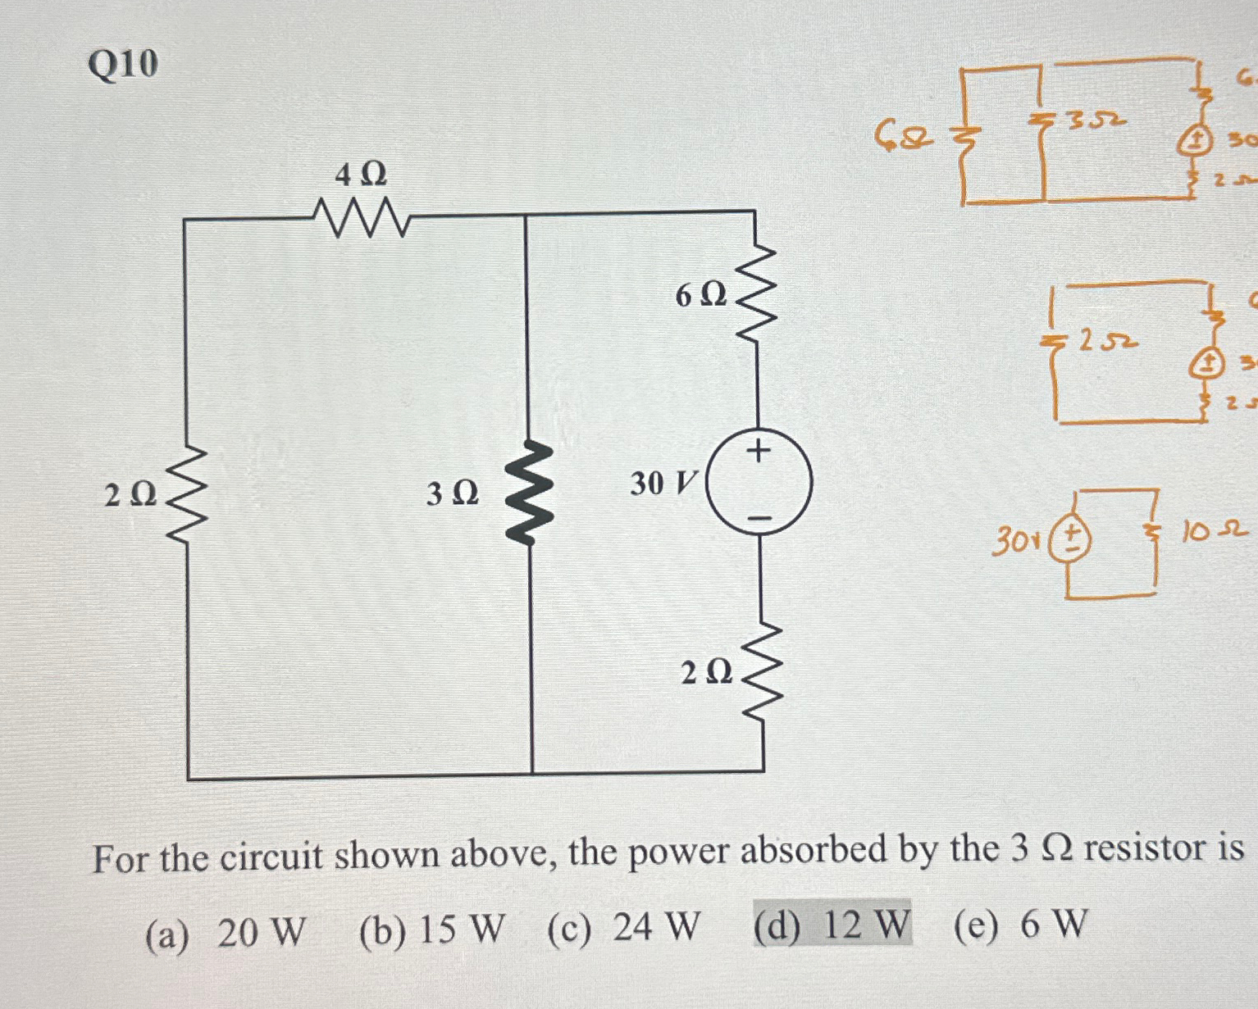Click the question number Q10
[123, 64]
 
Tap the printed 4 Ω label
[361, 175]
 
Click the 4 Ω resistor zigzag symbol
[362, 218]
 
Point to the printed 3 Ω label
[452, 493]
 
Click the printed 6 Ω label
[701, 295]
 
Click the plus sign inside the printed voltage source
[759, 451]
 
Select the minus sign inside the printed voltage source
[759, 518]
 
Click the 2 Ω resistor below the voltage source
[762, 672]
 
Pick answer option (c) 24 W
[624, 928]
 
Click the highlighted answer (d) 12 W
[832, 924]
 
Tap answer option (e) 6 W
[1020, 924]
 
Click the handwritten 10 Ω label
[1214, 532]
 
